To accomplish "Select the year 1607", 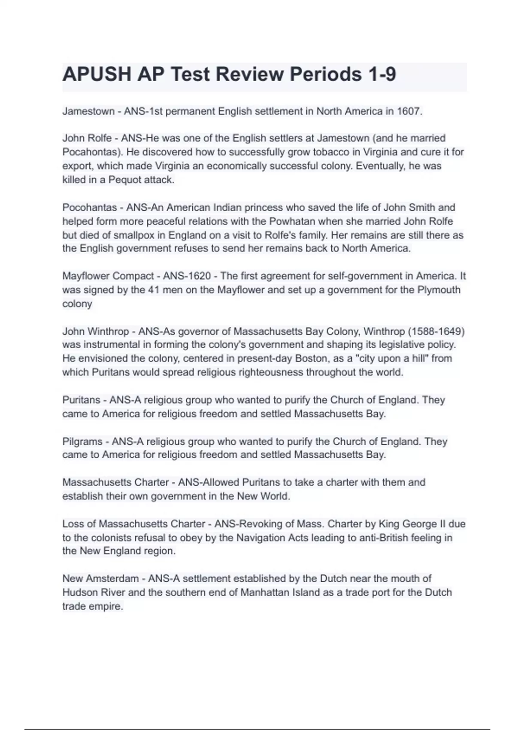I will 409,111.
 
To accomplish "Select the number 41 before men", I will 154,290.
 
